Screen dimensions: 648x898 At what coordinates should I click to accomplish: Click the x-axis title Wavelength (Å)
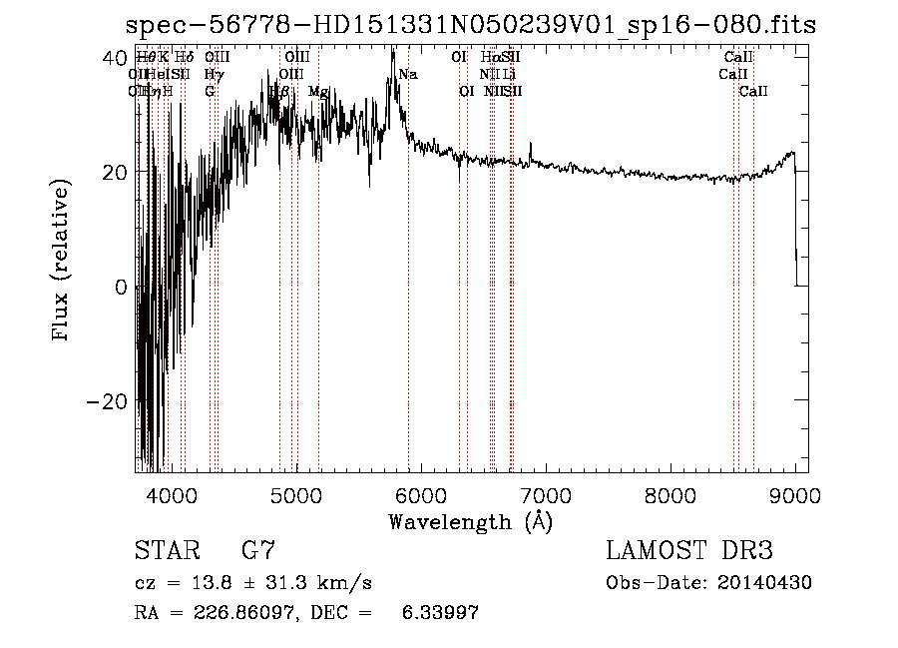(x=470, y=521)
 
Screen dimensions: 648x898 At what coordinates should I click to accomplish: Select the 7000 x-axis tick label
(x=546, y=494)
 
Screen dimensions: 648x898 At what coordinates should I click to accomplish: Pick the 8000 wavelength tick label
(x=671, y=494)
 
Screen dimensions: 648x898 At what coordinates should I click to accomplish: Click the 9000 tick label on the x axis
(x=795, y=494)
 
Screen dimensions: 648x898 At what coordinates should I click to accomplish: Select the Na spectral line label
(x=407, y=75)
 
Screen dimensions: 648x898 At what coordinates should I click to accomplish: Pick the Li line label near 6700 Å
(x=510, y=75)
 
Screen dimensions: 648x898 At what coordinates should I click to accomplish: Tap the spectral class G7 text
(x=257, y=550)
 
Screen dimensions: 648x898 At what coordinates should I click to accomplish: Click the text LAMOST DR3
(x=688, y=550)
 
